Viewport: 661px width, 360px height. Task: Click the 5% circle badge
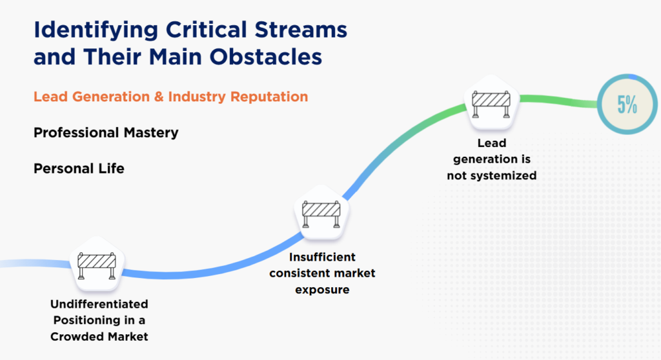[x=625, y=105]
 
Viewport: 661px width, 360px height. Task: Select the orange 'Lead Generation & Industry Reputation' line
[x=170, y=97]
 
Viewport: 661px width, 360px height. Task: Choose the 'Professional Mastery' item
[x=106, y=133]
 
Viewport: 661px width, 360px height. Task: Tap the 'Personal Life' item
[x=79, y=168]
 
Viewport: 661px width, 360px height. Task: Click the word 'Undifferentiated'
[x=99, y=304]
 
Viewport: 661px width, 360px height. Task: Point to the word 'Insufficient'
[x=322, y=257]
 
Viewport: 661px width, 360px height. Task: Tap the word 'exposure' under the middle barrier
[x=322, y=290]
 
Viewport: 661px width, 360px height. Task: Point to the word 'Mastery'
[x=151, y=133]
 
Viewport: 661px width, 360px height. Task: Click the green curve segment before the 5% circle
[x=555, y=100]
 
